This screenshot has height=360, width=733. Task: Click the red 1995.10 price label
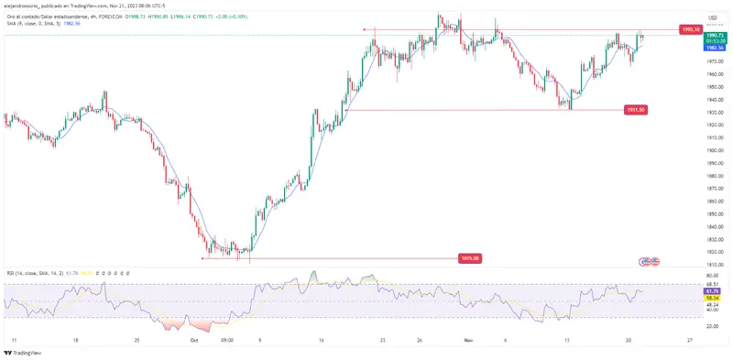click(x=692, y=29)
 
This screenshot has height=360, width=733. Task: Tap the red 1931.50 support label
click(x=636, y=110)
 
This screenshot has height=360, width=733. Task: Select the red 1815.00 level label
click(x=468, y=258)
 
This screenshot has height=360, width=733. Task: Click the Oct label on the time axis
click(x=193, y=339)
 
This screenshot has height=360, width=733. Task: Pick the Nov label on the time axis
click(x=467, y=339)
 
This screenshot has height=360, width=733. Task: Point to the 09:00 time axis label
click(x=228, y=339)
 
